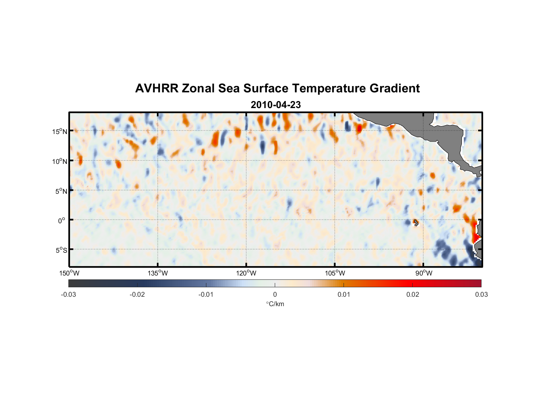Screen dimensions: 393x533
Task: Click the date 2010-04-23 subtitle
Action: coord(276,105)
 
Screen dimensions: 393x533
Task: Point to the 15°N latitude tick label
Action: coord(60,131)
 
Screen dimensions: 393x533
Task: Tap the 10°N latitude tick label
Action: coord(60,161)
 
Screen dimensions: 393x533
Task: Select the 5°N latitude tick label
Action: coord(61,191)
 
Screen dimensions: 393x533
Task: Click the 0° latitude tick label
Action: coord(62,220)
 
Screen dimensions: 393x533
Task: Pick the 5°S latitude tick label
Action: coord(61,250)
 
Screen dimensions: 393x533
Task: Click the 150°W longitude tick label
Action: coord(70,273)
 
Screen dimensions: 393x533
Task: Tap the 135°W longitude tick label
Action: coord(158,273)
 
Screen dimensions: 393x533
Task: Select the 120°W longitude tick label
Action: coord(246,273)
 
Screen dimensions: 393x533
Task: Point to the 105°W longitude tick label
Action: coord(335,273)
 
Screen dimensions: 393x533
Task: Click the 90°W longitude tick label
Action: coord(424,273)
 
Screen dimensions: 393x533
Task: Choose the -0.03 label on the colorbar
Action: coord(68,294)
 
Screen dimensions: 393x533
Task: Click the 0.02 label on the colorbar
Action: coord(413,294)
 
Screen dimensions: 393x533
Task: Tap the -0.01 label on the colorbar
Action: coord(206,294)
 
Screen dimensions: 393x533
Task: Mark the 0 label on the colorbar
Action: coord(275,294)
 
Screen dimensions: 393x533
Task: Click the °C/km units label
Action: coord(275,304)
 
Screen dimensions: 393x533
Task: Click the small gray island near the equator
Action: coord(416,223)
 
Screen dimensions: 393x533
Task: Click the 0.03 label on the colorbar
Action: coord(481,294)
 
